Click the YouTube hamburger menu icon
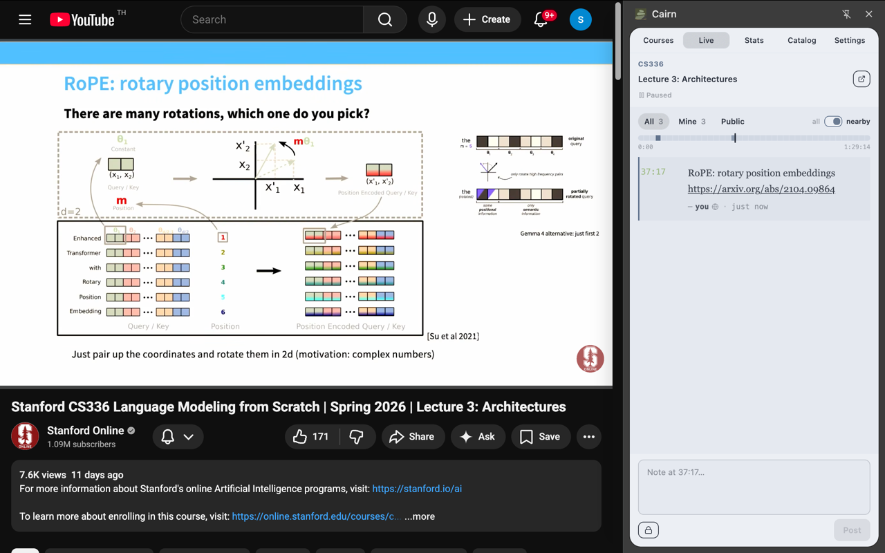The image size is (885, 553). click(x=25, y=19)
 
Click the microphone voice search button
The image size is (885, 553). click(x=432, y=19)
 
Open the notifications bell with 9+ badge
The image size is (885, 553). click(x=541, y=19)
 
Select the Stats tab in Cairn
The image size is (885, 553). click(x=754, y=40)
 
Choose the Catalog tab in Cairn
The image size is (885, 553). click(x=801, y=40)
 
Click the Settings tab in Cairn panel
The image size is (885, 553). click(x=849, y=40)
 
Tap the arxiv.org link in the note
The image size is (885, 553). click(x=761, y=189)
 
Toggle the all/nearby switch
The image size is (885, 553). click(x=833, y=122)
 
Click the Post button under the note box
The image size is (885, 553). click(x=851, y=530)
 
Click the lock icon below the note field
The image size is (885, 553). click(x=649, y=530)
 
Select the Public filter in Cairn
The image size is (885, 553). click(x=732, y=122)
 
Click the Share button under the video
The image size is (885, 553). click(x=412, y=437)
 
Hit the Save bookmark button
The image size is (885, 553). click(x=540, y=437)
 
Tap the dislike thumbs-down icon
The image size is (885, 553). click(x=357, y=437)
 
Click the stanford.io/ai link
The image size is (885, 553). click(x=417, y=489)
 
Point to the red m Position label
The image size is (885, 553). click(x=122, y=201)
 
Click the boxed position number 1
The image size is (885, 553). click(x=223, y=237)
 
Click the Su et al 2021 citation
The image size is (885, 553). click(x=453, y=336)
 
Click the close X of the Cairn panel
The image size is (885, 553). click(x=868, y=14)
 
